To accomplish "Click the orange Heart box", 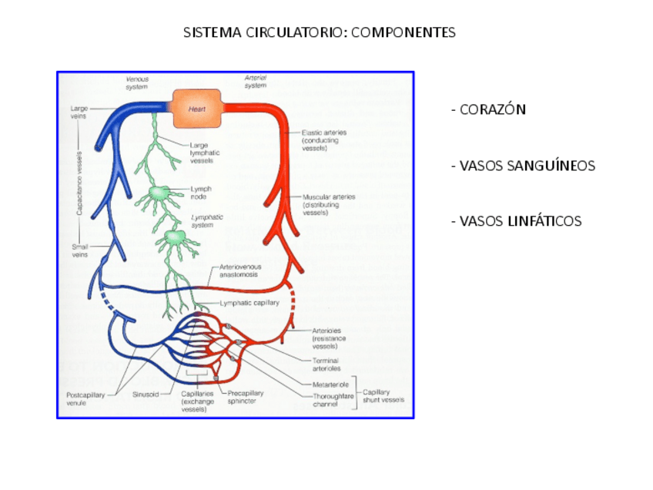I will (196, 109).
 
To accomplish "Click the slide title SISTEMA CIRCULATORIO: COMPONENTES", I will (320, 32).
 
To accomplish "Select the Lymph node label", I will (202, 192).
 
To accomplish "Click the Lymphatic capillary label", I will (250, 303).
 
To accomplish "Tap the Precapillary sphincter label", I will (245, 397).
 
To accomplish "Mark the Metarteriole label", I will (330, 383).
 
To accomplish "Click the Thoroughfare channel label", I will (333, 399).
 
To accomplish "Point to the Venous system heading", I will (137, 82).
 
